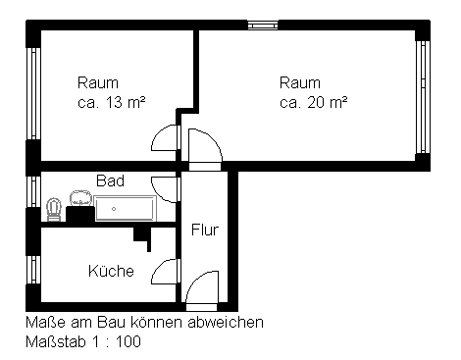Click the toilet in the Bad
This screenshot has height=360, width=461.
[x=54, y=209]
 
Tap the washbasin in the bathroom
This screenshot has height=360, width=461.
[x=80, y=199]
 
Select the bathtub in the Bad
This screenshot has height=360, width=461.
[x=125, y=208]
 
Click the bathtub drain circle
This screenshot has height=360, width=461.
[x=114, y=209]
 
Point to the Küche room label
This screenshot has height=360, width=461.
[x=111, y=271]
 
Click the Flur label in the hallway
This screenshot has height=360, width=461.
[x=205, y=230]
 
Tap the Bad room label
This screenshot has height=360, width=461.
[x=110, y=180]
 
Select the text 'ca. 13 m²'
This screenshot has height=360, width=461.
[x=112, y=103]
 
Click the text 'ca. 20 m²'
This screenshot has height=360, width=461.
[x=313, y=103]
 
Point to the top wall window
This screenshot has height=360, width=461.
[x=263, y=25]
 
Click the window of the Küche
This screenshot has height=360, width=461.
[x=33, y=270]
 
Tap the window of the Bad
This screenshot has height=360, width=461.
[x=33, y=191]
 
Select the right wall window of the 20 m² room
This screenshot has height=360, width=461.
[x=423, y=97]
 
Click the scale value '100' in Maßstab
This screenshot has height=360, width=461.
[x=128, y=342]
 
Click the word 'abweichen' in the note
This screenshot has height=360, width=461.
[x=226, y=323]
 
